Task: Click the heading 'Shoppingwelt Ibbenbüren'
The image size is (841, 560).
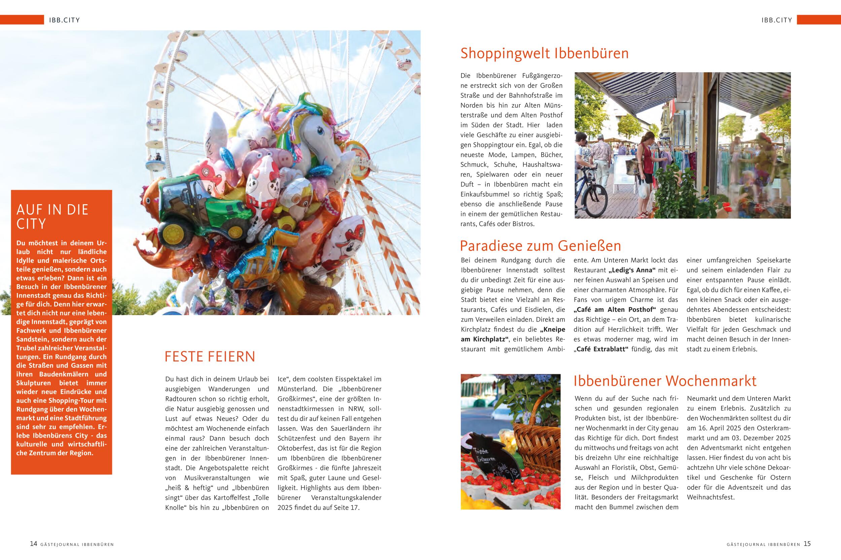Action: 544,53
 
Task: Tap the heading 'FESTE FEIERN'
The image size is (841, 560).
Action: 210,357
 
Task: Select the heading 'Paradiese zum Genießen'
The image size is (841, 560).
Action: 540,246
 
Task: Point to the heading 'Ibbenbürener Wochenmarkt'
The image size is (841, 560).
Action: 665,381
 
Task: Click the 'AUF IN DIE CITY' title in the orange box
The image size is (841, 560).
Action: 52,216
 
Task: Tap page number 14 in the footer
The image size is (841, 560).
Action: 33,544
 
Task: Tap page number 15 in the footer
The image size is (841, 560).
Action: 807,544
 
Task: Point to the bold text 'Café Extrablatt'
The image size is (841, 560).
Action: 602,349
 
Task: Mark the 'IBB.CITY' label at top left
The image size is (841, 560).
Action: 64,20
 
